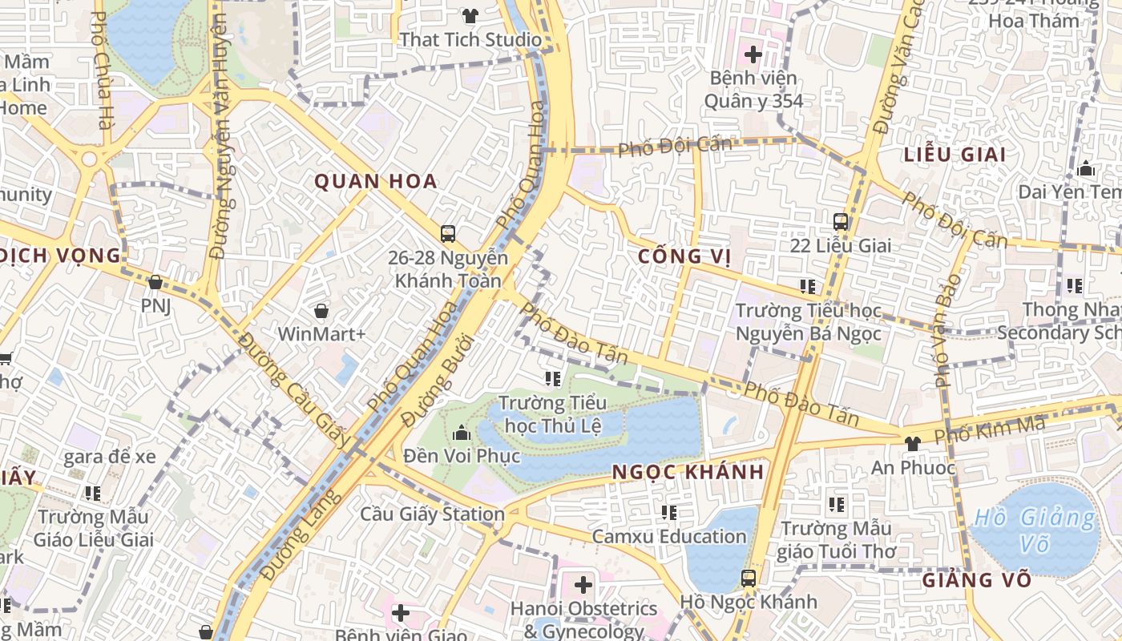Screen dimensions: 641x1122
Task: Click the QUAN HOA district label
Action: tap(375, 181)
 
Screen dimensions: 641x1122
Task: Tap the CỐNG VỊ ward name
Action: tap(685, 256)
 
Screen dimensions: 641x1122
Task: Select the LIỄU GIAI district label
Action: tap(955, 155)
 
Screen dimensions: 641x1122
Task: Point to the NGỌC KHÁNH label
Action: tap(688, 472)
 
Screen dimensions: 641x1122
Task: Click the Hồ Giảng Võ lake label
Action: tap(1034, 530)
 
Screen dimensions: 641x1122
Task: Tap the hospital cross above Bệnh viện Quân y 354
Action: tap(753, 54)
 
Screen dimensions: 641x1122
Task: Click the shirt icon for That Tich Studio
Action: tap(470, 15)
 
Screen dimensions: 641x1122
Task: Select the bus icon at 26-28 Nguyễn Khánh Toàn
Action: tap(448, 234)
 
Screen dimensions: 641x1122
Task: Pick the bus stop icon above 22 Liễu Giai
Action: tap(841, 222)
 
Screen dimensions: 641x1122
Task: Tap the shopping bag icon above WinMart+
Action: tap(321, 310)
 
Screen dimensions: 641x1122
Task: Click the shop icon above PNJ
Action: tap(155, 282)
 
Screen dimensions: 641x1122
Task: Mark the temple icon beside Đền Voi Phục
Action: tap(462, 433)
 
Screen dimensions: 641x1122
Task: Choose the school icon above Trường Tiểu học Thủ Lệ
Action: tap(552, 378)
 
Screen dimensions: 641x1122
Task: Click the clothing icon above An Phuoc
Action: tap(912, 443)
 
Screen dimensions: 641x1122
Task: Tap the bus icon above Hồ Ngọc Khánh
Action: tap(748, 578)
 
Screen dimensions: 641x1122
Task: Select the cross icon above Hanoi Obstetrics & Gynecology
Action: tap(583, 584)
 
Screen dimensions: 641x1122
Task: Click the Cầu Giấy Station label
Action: tap(432, 514)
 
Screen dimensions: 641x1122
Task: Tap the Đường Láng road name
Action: tap(301, 535)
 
